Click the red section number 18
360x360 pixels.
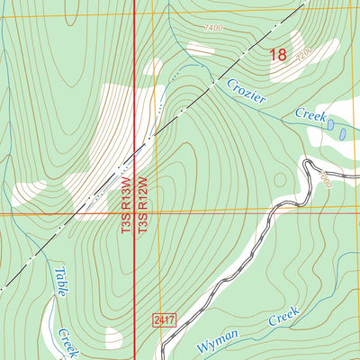[x=278, y=56]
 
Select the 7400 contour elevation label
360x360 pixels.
[x=213, y=29]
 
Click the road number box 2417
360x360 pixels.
[x=163, y=319]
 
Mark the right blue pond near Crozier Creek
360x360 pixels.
[x=342, y=133]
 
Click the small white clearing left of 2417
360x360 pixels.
[x=113, y=337]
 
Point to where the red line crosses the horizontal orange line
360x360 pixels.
[x=135, y=214]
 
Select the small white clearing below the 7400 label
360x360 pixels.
[x=200, y=49]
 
